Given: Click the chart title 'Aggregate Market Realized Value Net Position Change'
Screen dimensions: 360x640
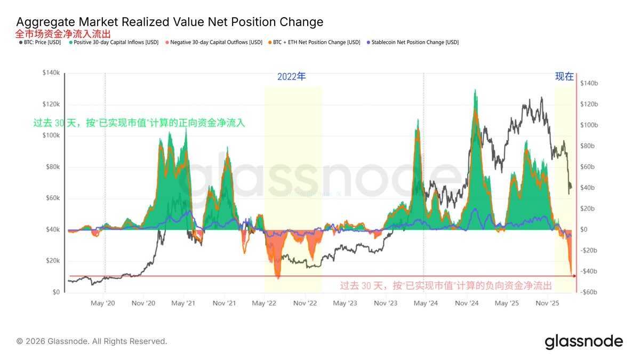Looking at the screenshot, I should tap(170, 22).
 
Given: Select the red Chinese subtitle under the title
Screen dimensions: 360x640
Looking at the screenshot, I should tap(63, 34).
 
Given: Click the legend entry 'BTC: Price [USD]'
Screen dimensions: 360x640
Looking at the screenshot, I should tap(42, 42).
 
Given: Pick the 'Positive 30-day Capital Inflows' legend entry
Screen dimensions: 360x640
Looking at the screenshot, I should tap(113, 42).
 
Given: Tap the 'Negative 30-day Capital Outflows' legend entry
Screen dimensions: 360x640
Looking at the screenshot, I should tap(214, 42).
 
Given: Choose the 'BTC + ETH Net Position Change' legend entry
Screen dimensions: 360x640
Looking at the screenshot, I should tap(315, 42).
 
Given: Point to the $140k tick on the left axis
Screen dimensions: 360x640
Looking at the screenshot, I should tap(51, 73).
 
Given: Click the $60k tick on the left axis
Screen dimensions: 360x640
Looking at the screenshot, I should tap(53, 198).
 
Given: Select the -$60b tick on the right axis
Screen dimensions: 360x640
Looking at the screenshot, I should tap(588, 292).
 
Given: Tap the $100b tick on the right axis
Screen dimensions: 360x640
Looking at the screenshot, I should tap(589, 125).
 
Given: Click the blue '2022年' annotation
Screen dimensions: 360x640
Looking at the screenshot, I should tap(292, 77).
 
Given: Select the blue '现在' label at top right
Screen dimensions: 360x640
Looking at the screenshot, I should tap(564, 77).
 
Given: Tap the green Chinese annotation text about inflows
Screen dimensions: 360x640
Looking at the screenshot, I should tap(139, 123).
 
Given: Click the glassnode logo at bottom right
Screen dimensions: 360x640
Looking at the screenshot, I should tap(583, 341).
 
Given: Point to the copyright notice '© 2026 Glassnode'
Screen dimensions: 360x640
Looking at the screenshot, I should tap(92, 341).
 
